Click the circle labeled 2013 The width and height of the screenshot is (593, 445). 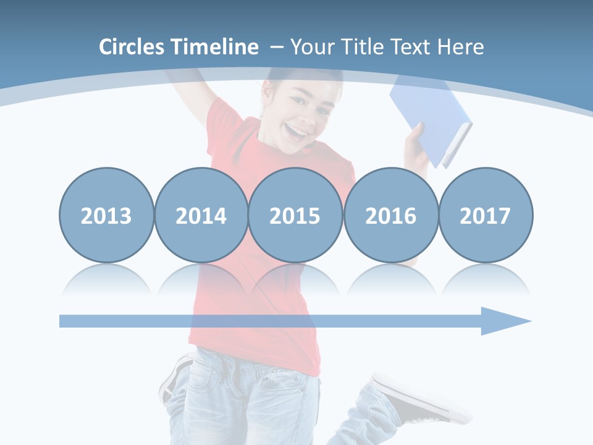click(x=106, y=215)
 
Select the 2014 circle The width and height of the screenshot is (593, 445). click(x=201, y=215)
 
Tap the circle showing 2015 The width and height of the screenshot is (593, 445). click(x=295, y=215)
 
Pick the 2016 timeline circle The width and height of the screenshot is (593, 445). click(x=390, y=215)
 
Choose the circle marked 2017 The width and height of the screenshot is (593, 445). click(x=485, y=215)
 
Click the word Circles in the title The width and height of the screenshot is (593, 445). click(x=133, y=47)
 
